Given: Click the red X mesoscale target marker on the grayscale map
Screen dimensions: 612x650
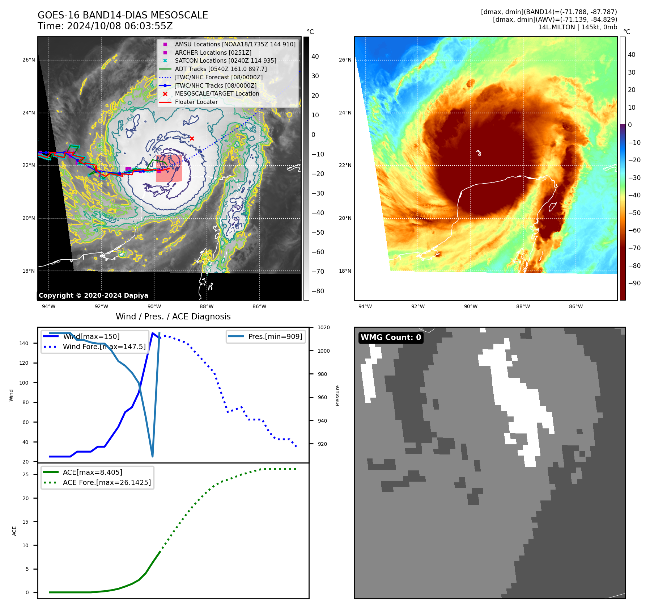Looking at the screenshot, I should coord(192,138).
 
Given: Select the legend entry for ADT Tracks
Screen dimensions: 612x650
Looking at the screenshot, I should coord(221,69).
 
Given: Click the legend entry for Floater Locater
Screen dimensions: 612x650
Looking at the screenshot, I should coord(196,102).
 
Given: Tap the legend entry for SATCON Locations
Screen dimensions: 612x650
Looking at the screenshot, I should coord(225,61).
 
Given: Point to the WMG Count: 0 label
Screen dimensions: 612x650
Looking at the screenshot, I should coord(391,338).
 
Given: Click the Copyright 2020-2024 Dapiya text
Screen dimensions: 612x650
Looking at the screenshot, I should coord(93,295).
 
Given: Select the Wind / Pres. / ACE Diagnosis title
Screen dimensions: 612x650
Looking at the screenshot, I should coord(173,317).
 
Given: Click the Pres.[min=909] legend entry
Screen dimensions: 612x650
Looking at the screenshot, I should coord(275,336).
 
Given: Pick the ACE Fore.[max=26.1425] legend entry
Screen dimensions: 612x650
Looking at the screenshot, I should coord(107,482).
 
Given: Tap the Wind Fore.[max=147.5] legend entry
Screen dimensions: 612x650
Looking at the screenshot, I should coord(104,347).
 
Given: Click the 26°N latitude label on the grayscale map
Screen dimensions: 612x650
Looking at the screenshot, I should coord(29,60).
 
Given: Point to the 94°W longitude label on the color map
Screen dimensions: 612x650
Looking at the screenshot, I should coord(365,307).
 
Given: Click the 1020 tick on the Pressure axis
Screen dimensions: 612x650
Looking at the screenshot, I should coord(323,328).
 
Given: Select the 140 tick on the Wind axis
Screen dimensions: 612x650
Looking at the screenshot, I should coord(24,343).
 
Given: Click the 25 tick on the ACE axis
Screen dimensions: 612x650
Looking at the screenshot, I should coord(25,474).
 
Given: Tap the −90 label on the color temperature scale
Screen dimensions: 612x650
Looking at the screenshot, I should coord(634,283).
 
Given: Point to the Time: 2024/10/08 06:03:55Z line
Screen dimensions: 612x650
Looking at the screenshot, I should coord(105,26).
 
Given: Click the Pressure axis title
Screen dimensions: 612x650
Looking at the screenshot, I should coord(337,395).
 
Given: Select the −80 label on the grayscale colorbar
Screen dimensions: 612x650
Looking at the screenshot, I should coord(318,291).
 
